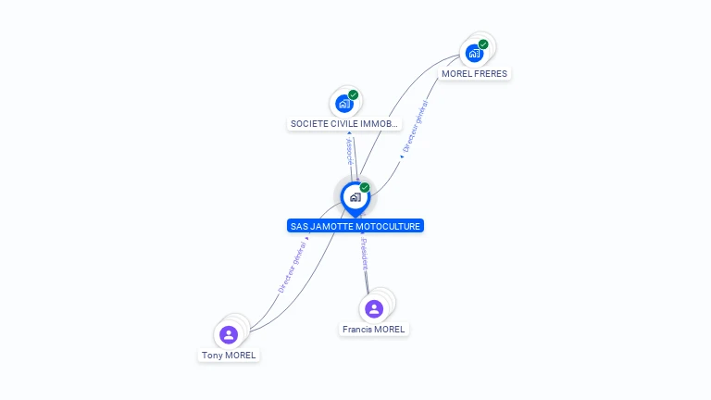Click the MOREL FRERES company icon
coord(474,53)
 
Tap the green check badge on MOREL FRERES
coord(483,44)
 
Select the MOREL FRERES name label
coord(474,74)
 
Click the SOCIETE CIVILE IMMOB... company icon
coord(344,103)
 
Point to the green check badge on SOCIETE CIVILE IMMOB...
coord(354,94)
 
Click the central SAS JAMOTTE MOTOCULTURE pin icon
coord(355,197)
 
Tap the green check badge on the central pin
coord(365,188)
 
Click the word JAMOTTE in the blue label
coord(329,226)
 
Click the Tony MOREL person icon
coord(229,334)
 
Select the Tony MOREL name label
coord(229,356)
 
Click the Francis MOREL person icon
coord(374,308)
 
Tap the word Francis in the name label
coord(356,330)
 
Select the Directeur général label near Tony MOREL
coord(292,268)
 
